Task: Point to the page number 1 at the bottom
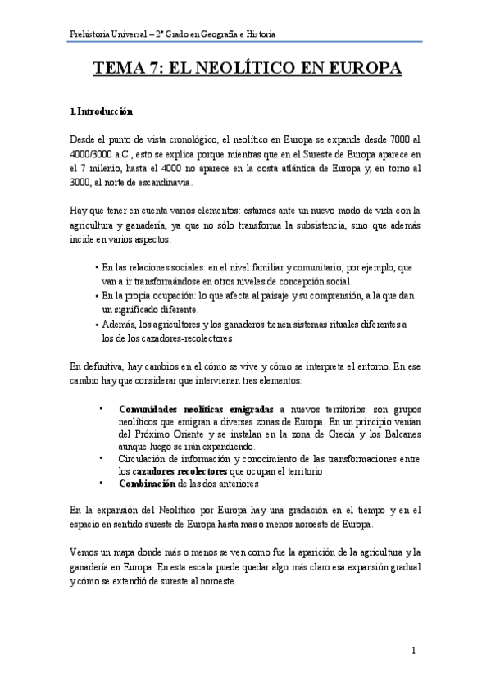tap(414, 651)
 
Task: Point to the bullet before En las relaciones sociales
tap(97, 268)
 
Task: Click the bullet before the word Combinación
tap(101, 484)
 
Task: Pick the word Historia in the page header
tap(259, 34)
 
